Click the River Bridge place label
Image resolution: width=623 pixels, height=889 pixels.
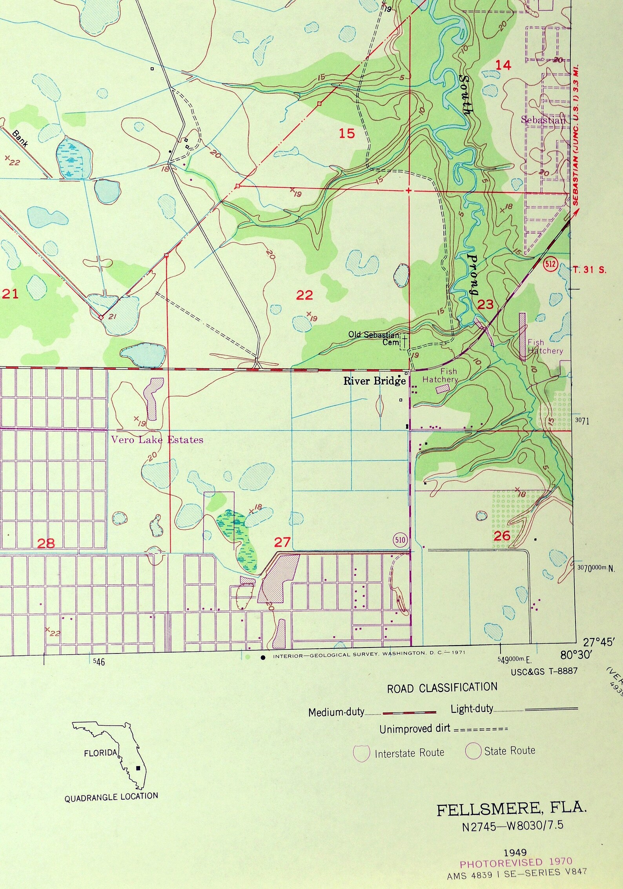tap(374, 381)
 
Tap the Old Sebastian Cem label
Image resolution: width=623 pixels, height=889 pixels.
tap(373, 338)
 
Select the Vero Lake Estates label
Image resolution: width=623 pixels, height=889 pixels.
tap(157, 440)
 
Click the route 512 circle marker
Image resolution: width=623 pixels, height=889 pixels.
tap(550, 263)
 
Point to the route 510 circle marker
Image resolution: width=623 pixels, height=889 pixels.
tap(400, 540)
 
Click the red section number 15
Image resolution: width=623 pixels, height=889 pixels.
tap(347, 134)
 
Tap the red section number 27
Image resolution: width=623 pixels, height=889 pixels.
tap(282, 542)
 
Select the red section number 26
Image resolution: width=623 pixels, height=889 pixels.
tap(501, 536)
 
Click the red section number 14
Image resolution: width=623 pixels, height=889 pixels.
tap(503, 65)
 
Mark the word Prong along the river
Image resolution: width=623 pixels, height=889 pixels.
tap(474, 275)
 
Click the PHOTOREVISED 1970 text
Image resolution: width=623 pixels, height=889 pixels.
tap(516, 863)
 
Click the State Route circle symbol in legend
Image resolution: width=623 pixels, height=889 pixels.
tap(473, 751)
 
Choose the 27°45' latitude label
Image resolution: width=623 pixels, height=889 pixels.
tap(597, 642)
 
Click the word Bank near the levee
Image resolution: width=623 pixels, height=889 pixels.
tap(20, 138)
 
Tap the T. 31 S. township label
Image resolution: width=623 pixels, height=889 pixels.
tap(589, 270)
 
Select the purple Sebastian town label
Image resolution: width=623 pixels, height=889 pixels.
tap(543, 120)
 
